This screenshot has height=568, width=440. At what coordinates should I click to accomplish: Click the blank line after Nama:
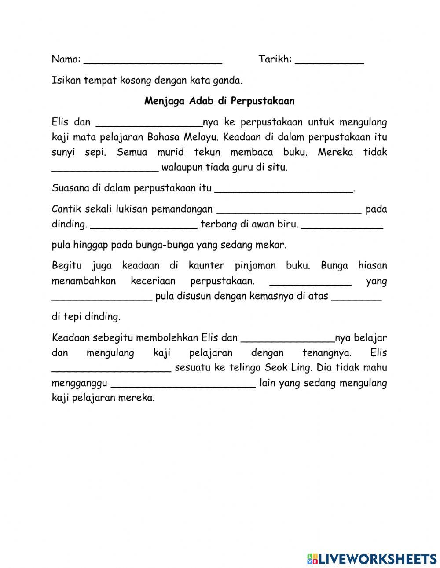[153, 60]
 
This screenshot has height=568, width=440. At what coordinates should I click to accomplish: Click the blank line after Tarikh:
[329, 60]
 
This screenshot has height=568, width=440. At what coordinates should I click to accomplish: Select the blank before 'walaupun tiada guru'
[105, 168]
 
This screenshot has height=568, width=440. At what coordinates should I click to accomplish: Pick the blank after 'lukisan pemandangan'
[289, 209]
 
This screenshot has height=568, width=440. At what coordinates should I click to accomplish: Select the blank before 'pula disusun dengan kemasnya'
[102, 296]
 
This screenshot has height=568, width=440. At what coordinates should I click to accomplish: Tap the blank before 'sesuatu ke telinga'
[111, 368]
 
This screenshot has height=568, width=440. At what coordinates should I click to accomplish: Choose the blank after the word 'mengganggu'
[183, 383]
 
